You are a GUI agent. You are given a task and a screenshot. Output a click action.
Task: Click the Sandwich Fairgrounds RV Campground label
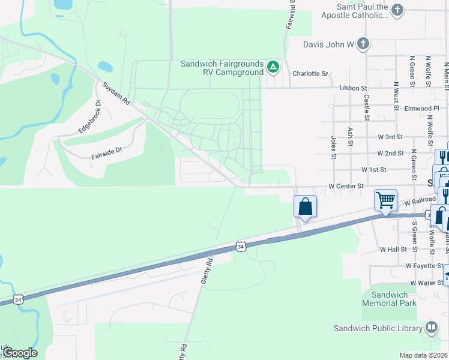tap(223, 68)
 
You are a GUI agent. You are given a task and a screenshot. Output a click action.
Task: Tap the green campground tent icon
tap(273, 67)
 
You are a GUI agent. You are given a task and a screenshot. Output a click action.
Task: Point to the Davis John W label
tap(327, 43)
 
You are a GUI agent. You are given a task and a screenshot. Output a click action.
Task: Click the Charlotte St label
tap(310, 74)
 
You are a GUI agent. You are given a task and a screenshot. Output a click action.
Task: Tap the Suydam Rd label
tap(116, 94)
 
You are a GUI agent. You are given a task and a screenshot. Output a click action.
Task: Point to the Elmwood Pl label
tap(421, 109)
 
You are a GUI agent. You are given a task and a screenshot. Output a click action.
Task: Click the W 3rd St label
tap(391, 137)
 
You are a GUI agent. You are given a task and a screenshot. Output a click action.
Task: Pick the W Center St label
tap(346, 187)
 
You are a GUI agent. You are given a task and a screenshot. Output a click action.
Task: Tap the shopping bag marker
tap(305, 206)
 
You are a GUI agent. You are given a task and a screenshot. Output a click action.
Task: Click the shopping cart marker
tap(385, 200)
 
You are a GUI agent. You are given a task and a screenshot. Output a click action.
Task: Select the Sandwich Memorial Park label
tap(389, 299)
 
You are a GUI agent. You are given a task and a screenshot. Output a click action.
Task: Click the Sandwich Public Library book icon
tap(431, 328)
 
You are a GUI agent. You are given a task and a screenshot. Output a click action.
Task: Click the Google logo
tap(20, 353)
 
